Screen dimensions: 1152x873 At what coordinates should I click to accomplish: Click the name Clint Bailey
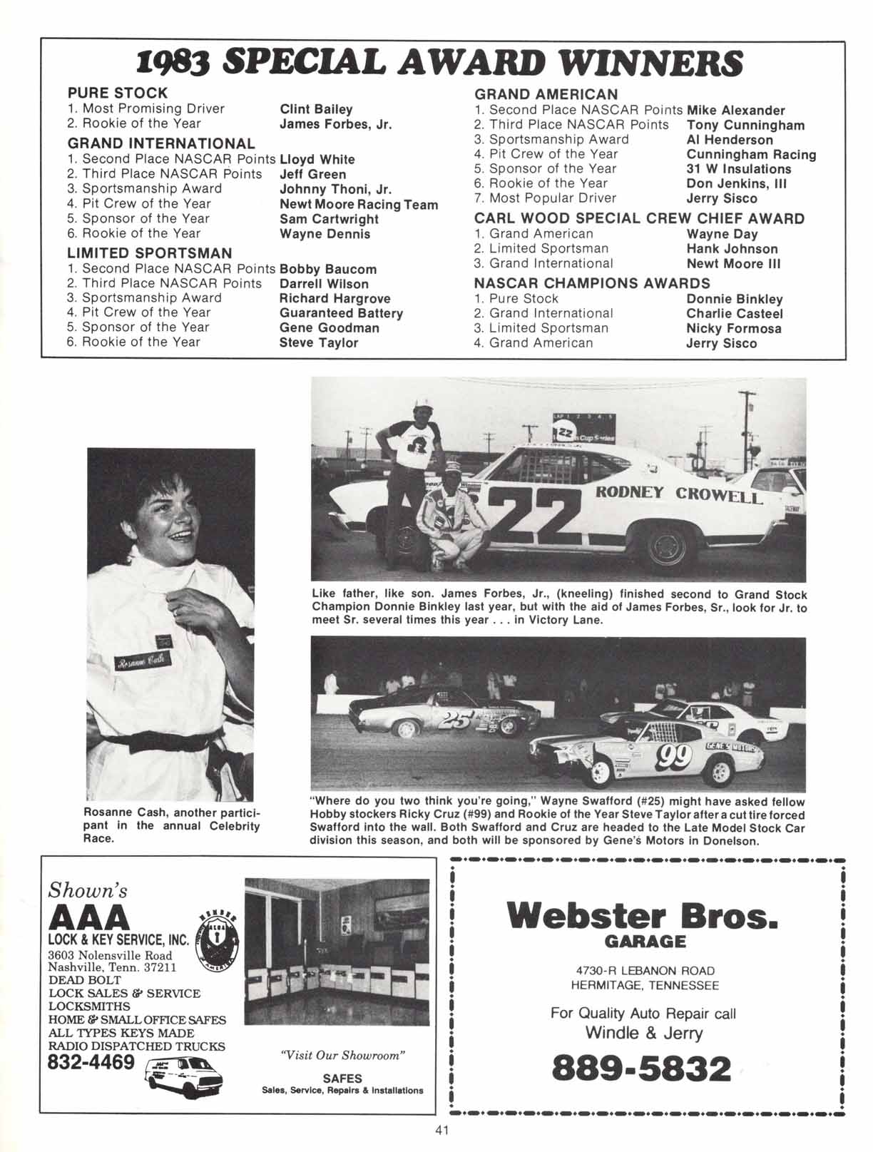pyautogui.click(x=316, y=109)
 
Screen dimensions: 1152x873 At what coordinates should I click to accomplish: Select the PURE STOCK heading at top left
pyautogui.click(x=118, y=93)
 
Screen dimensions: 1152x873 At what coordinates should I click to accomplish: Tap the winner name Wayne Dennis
pyautogui.click(x=325, y=233)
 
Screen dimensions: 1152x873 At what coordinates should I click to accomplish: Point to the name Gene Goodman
pyautogui.click(x=329, y=328)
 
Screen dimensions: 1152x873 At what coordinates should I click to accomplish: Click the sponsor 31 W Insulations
pyautogui.click(x=738, y=169)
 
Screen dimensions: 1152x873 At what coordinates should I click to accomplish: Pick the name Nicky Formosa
pyautogui.click(x=733, y=329)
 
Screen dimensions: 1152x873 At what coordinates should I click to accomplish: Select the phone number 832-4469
pyautogui.click(x=91, y=1063)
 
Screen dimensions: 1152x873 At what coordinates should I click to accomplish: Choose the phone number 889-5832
pyautogui.click(x=642, y=1069)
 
